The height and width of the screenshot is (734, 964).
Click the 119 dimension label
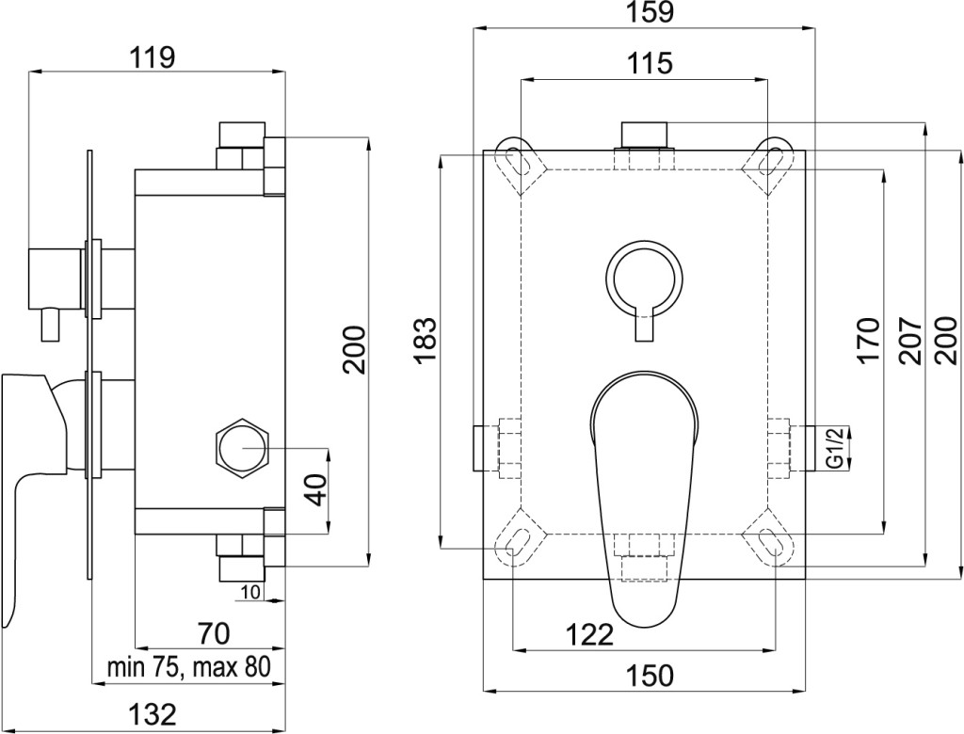(153, 57)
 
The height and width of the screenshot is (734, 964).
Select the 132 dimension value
(153, 714)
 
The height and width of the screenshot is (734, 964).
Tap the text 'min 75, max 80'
(188, 667)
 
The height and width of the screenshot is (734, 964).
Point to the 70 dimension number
(214, 632)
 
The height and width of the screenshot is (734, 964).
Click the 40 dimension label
(317, 489)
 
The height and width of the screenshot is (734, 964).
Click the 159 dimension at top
(651, 12)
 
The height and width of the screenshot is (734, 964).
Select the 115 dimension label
(650, 63)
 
